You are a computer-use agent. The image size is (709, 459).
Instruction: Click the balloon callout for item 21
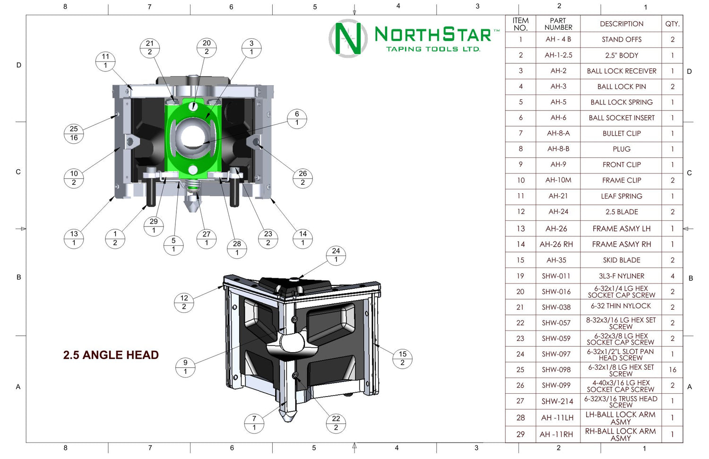click(x=150, y=48)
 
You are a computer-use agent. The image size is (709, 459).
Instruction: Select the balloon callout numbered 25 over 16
click(x=74, y=133)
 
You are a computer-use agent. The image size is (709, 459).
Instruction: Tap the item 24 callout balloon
click(x=336, y=255)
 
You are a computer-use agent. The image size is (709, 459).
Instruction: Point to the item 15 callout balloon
click(x=402, y=358)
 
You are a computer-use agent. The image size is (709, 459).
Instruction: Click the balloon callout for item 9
click(x=185, y=367)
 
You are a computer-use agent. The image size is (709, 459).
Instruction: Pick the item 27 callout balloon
click(x=207, y=238)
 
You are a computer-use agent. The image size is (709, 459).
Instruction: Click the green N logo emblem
click(x=348, y=38)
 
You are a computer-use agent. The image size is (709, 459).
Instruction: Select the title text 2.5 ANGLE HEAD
click(x=111, y=355)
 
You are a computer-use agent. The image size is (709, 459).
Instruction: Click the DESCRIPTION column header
click(x=622, y=24)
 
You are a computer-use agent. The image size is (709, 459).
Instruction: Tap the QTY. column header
click(x=672, y=24)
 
